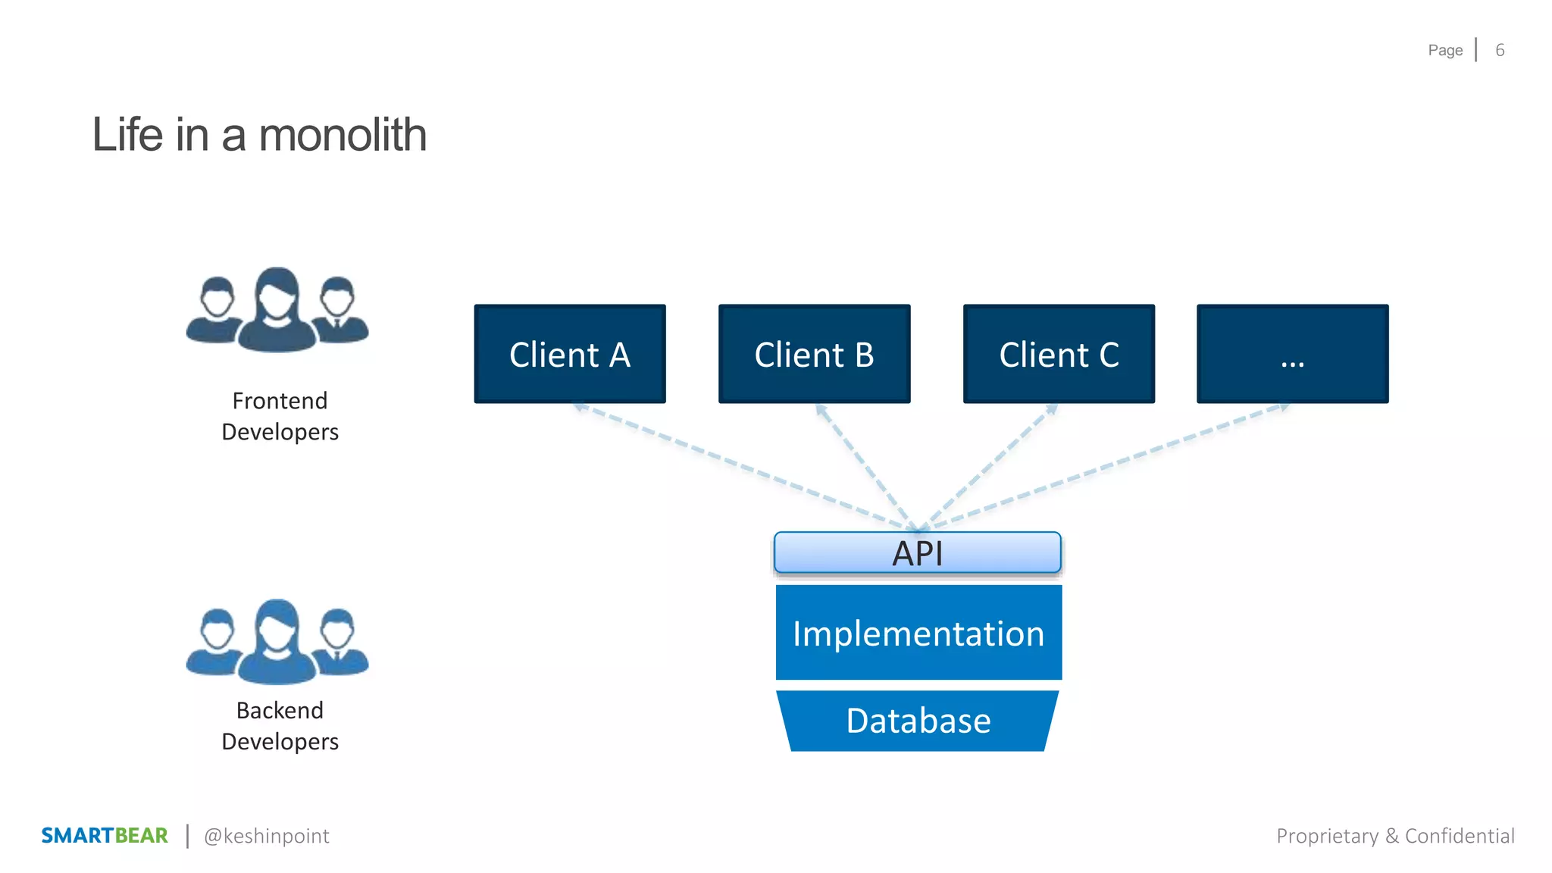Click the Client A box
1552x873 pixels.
click(570, 354)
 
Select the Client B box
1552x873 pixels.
click(814, 354)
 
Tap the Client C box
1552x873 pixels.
click(1059, 354)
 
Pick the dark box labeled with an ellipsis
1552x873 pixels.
click(1292, 354)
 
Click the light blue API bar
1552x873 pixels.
click(917, 552)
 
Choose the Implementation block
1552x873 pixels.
click(918, 633)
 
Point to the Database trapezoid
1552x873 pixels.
click(918, 721)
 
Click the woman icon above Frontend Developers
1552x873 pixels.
click(277, 311)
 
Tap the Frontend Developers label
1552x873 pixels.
click(280, 416)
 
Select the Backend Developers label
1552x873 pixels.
click(280, 726)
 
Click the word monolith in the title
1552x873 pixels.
click(343, 135)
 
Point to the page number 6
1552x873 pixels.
click(1500, 50)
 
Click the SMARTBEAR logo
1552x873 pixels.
click(105, 835)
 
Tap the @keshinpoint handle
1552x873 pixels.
click(267, 836)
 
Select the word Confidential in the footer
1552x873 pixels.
click(1460, 836)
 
